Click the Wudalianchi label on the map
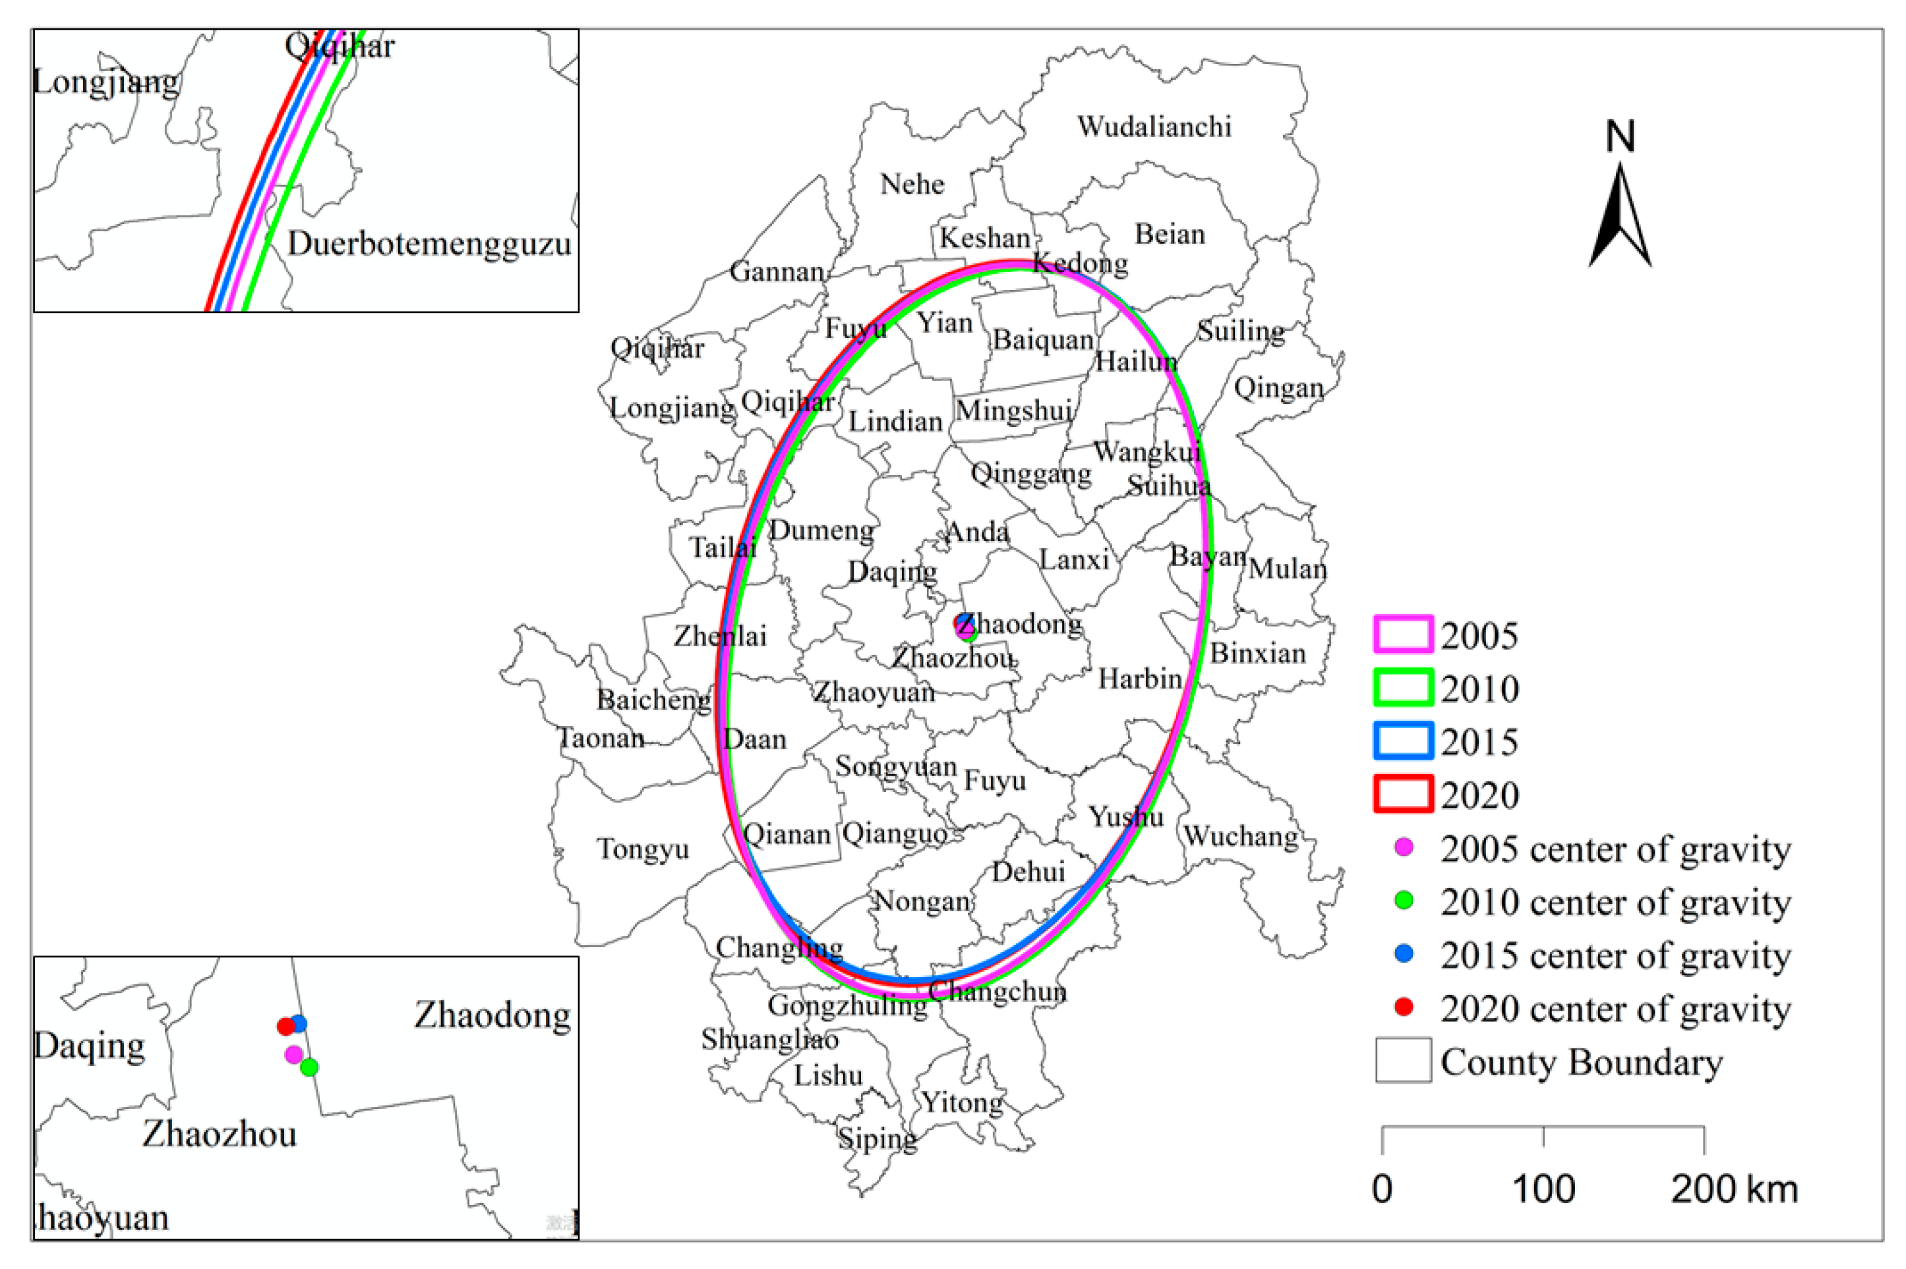1154,127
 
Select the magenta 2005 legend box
1403,634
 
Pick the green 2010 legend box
1403,688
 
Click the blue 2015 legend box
1403,741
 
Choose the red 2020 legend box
1403,794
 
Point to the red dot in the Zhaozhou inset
285,1027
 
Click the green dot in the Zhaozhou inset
309,1067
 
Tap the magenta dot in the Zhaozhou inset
294,1054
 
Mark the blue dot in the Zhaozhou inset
299,1024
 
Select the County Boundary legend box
1403,1060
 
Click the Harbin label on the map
1140,678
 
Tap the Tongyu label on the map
643,849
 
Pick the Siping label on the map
877,1139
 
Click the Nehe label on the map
912,184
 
